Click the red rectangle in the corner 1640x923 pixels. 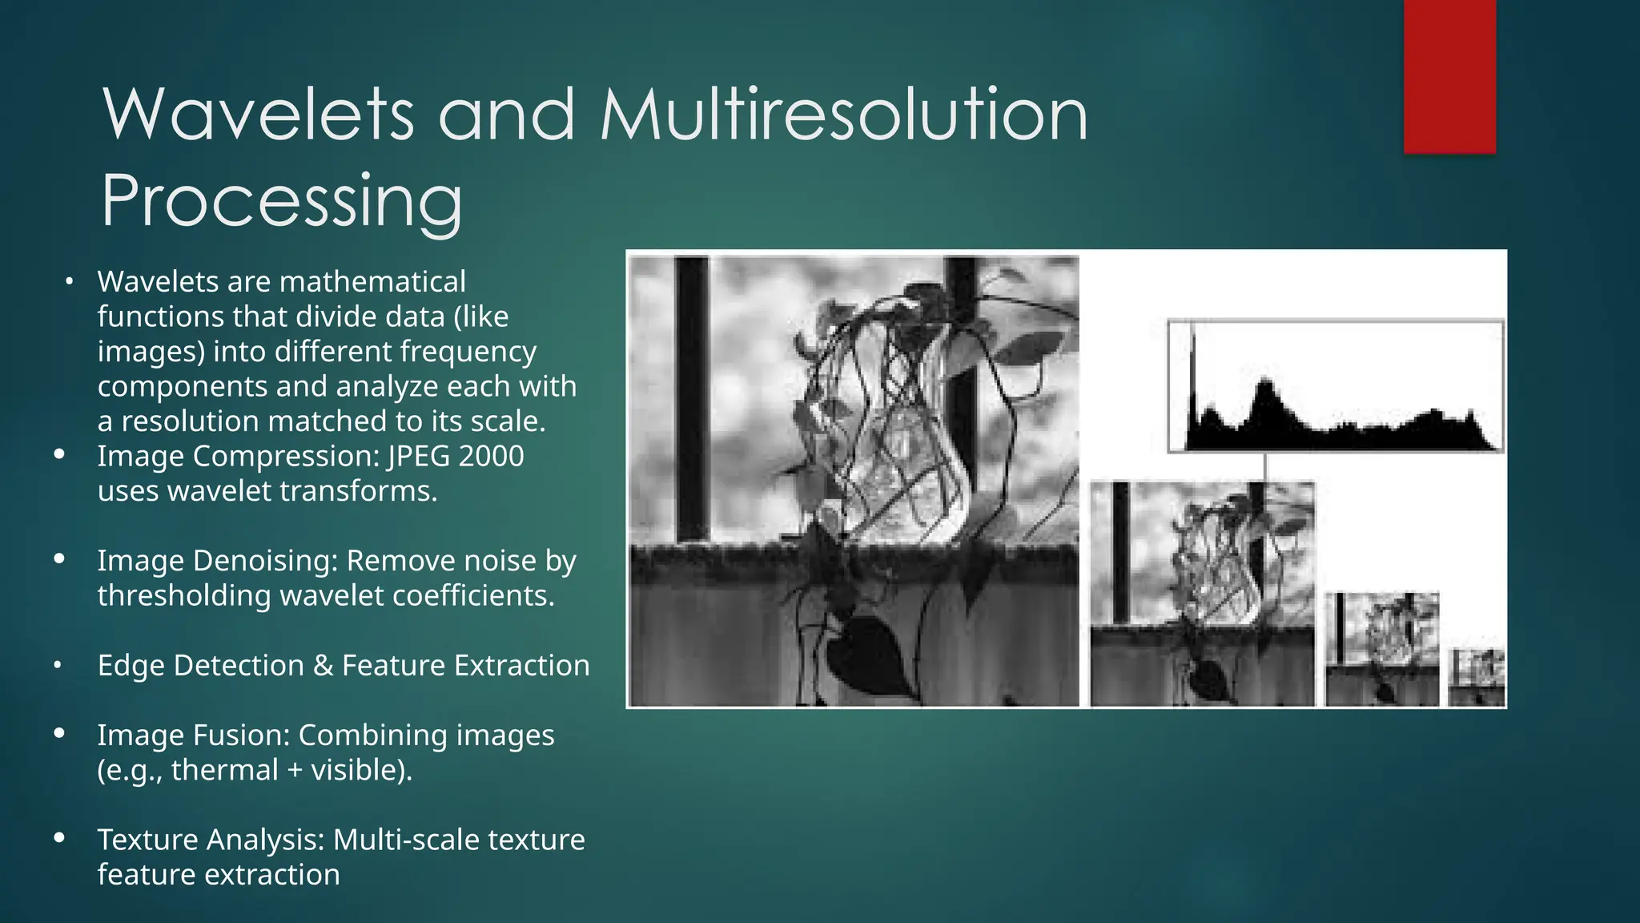(1449, 76)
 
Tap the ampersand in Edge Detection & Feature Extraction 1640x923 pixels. (323, 666)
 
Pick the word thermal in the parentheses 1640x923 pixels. (224, 770)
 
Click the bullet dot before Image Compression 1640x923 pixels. (59, 454)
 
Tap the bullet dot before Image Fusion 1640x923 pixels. (59, 733)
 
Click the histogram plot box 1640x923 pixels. (1335, 386)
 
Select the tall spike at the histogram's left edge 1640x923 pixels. (1193, 377)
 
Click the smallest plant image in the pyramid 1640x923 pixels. (1476, 678)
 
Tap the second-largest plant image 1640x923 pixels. (1202, 594)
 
